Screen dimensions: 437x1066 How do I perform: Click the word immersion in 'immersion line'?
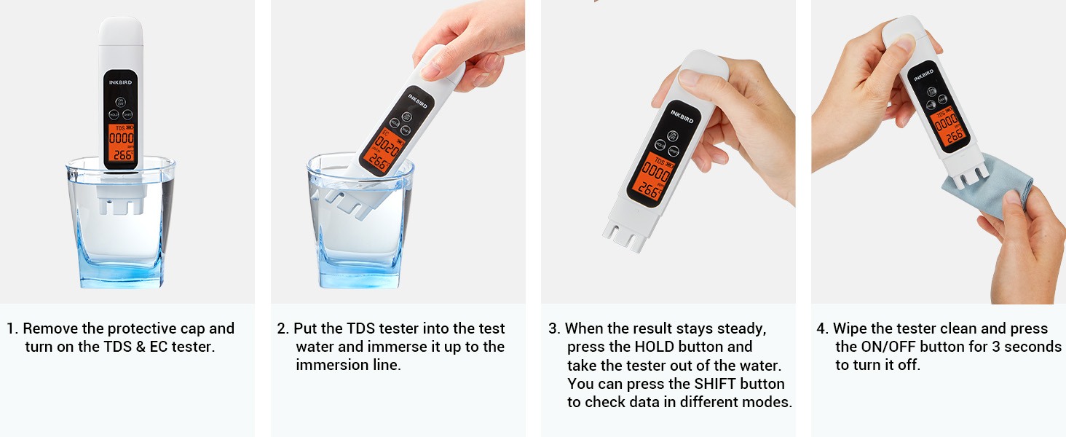click(328, 365)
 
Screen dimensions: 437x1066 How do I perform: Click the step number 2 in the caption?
click(282, 328)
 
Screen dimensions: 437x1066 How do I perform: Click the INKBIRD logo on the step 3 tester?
click(682, 115)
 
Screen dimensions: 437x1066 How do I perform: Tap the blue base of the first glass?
click(120, 277)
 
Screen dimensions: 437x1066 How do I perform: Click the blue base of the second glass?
click(360, 277)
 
